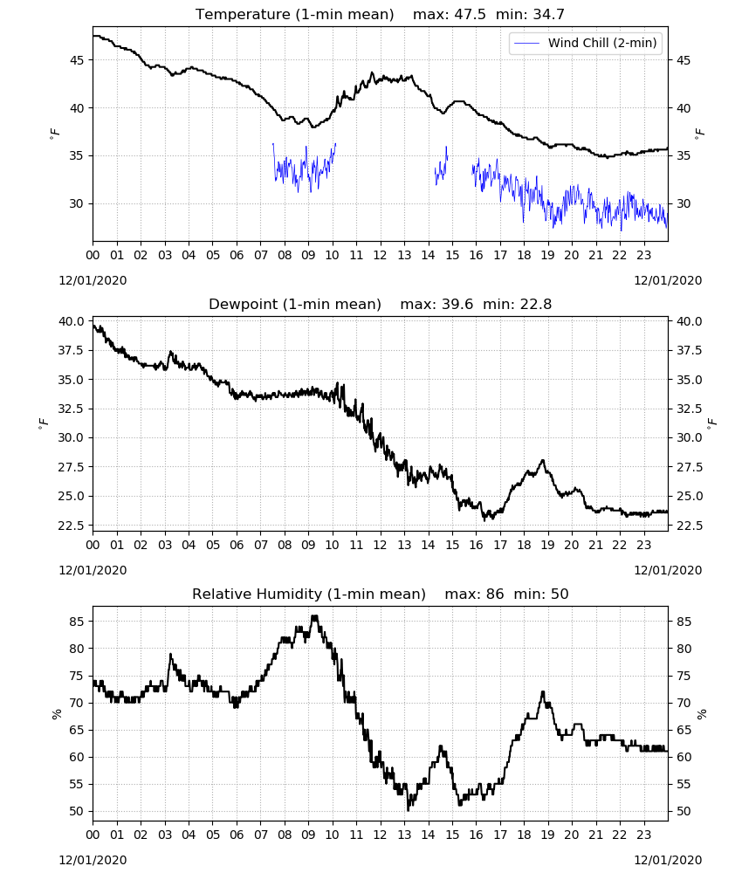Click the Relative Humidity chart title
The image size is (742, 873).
click(309, 594)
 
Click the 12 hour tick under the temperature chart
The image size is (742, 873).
click(381, 255)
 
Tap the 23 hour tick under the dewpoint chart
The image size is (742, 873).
click(644, 545)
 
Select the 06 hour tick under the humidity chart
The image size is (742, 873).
click(237, 835)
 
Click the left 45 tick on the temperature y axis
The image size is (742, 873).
click(77, 60)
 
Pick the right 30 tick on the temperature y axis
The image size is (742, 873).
click(684, 203)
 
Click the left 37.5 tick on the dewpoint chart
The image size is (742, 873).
click(72, 350)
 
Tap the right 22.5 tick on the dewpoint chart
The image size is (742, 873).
click(690, 525)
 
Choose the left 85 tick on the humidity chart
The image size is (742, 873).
click(77, 622)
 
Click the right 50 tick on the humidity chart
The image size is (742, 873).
click(684, 811)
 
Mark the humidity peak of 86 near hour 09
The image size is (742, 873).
click(314, 616)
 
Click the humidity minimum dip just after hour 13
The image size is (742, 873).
click(408, 809)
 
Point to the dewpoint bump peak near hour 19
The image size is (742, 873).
click(543, 460)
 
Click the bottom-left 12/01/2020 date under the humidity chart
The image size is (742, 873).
click(93, 860)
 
